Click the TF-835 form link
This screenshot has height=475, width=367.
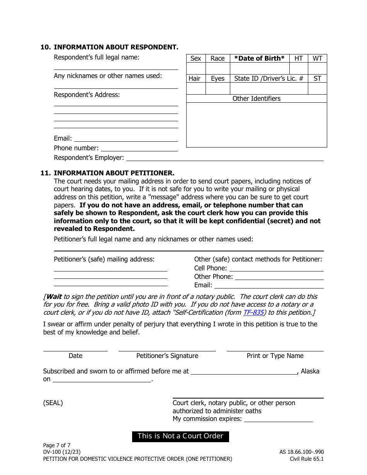[x=253, y=312]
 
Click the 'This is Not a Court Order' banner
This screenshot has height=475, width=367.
[x=180, y=436]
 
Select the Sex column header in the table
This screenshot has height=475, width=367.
[x=196, y=58]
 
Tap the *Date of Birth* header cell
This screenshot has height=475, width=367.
[x=259, y=58]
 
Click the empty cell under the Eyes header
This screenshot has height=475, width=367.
[x=217, y=88]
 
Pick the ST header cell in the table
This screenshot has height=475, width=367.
[x=317, y=78]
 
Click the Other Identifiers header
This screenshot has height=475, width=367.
[x=256, y=98]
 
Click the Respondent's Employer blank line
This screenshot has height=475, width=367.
[x=224, y=158]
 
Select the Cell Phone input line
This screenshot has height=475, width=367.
[x=276, y=268]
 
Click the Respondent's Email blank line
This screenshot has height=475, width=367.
[x=126, y=138]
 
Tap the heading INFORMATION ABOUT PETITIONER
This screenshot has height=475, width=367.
[x=114, y=173]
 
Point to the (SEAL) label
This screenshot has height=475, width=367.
[x=53, y=403]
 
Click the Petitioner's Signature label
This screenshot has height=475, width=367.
[x=167, y=356]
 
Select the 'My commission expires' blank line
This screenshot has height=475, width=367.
[x=279, y=419]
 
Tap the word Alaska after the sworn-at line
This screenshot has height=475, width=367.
[x=310, y=371]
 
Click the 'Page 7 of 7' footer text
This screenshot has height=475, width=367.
[x=57, y=445]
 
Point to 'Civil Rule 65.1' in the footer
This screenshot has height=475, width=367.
[x=307, y=459]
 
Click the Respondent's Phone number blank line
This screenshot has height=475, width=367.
[x=139, y=148]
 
